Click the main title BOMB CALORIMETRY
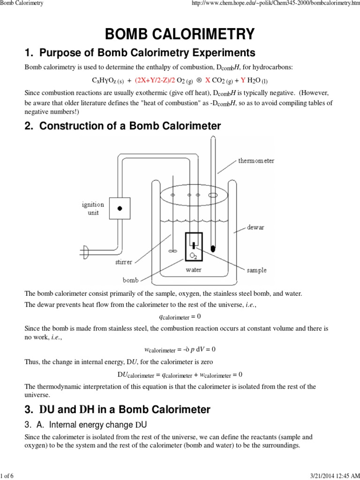coord(180,34)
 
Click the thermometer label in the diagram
coord(256,161)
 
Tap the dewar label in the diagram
coord(255,227)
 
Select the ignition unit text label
coord(93,208)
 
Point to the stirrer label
coord(124,262)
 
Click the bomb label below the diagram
coord(130,280)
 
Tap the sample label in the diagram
coord(256,270)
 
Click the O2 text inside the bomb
coord(193,255)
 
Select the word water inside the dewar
coord(194,270)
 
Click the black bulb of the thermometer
coord(213,248)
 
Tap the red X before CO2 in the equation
coord(208,80)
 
